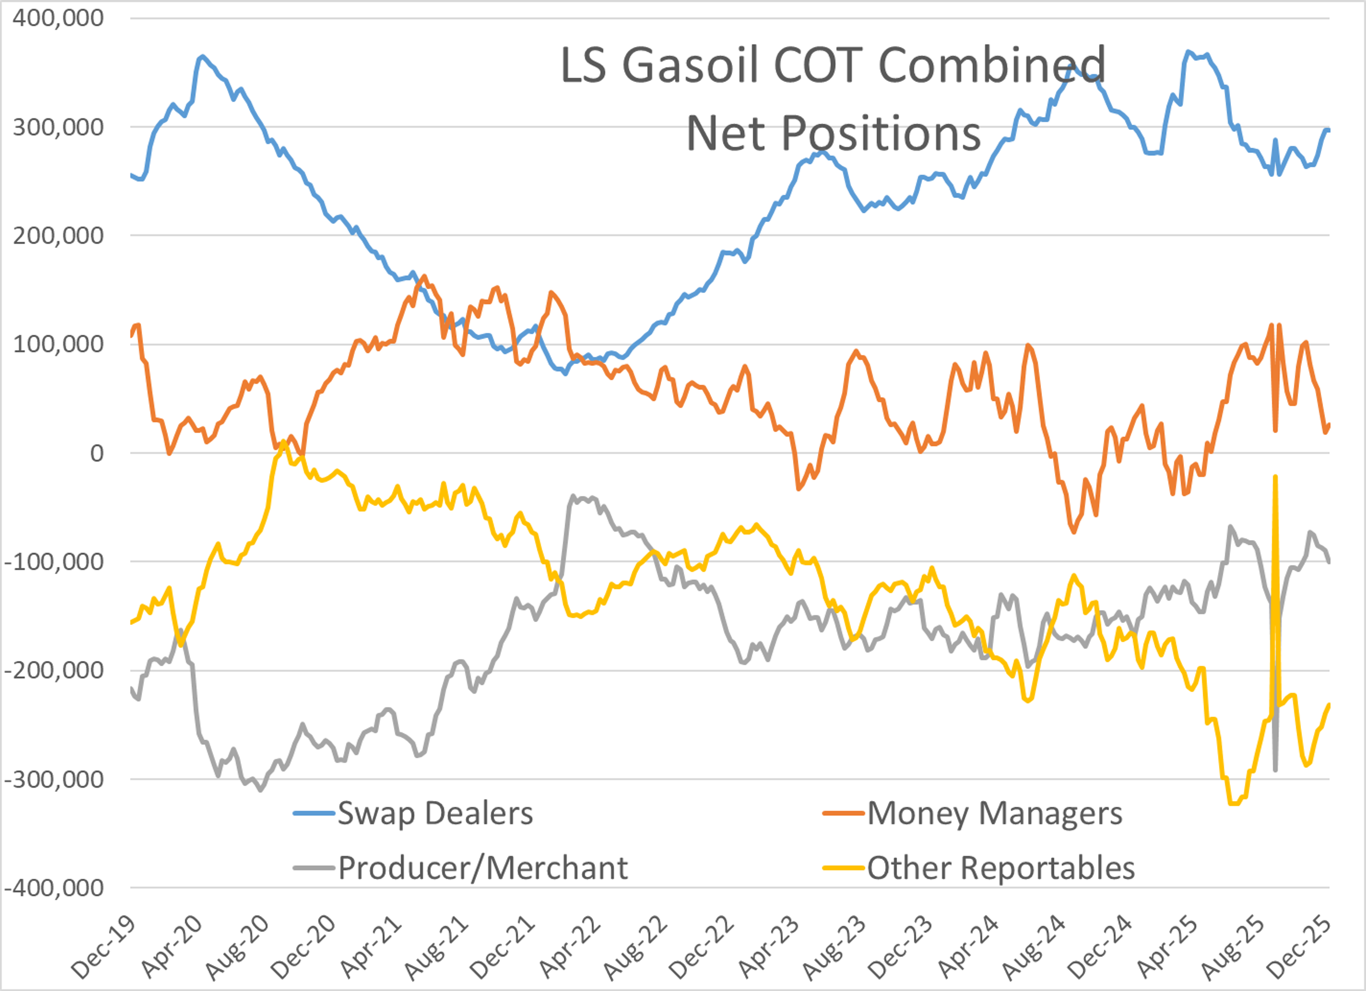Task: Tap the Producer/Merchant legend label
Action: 482,868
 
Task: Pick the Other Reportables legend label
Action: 1000,868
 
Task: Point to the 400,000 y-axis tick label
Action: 58,18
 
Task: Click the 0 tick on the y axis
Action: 96,453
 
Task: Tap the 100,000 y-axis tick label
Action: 58,345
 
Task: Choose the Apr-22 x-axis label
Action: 570,947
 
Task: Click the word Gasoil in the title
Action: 690,65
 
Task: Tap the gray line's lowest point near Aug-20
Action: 260,790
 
